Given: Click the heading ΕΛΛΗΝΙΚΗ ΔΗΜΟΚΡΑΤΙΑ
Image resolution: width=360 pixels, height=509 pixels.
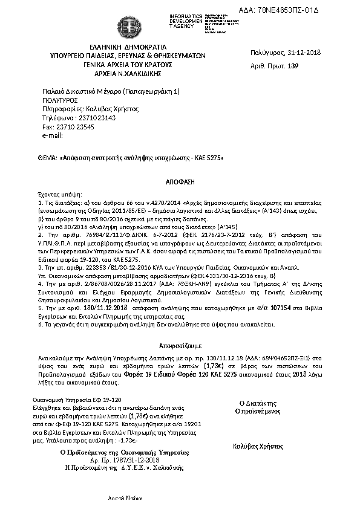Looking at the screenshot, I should tap(128, 47).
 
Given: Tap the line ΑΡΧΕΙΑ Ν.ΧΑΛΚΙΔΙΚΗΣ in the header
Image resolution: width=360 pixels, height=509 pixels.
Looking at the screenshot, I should tap(128, 74).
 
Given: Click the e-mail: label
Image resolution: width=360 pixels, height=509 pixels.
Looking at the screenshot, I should tap(53, 135).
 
